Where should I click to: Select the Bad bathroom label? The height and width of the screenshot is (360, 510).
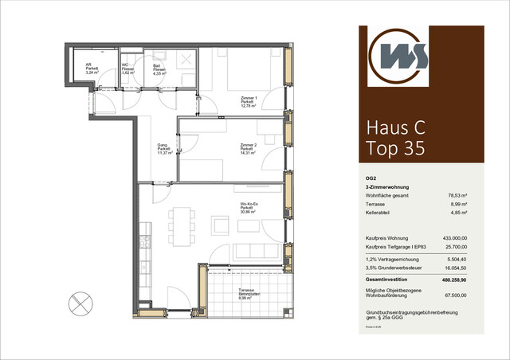point(159,68)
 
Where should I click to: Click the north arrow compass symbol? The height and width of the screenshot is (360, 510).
point(80,302)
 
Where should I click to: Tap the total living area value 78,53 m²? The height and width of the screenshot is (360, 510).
point(459,194)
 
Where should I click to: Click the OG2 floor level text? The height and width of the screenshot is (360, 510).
point(360,178)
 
